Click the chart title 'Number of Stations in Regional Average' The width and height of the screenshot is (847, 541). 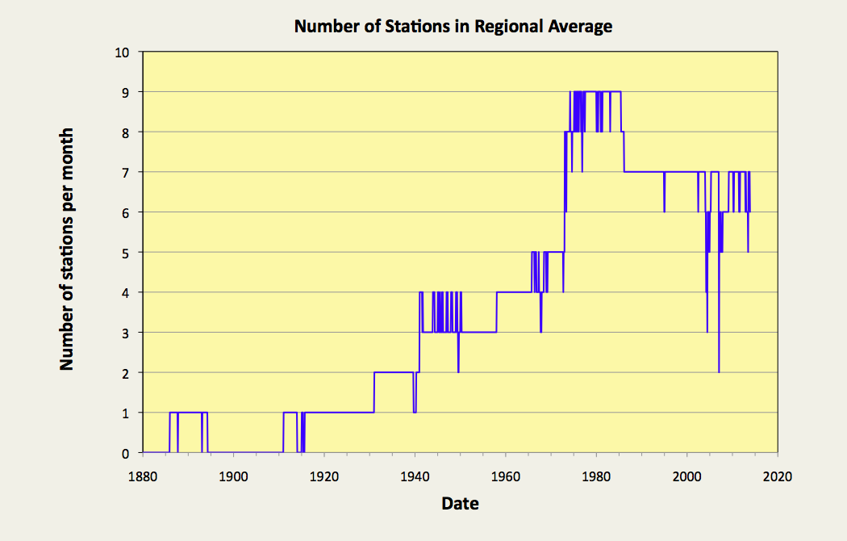pyautogui.click(x=453, y=27)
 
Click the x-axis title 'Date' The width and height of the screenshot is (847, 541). pyautogui.click(x=460, y=504)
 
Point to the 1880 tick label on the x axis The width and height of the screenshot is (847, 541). pyautogui.click(x=142, y=475)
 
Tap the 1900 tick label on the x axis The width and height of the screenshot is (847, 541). pyautogui.click(x=232, y=475)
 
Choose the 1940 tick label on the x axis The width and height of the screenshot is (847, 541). pyautogui.click(x=415, y=475)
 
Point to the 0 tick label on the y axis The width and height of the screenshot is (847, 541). pyautogui.click(x=125, y=453)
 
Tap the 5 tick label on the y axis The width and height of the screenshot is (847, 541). pyautogui.click(x=125, y=253)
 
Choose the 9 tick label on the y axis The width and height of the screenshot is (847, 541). pyautogui.click(x=125, y=92)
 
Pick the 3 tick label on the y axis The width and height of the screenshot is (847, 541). pyautogui.click(x=125, y=333)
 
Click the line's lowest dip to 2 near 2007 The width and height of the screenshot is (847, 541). pyautogui.click(x=719, y=371)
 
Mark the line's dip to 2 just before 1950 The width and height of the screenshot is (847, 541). pyautogui.click(x=458, y=371)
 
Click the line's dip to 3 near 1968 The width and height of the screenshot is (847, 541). pyautogui.click(x=540, y=331)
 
